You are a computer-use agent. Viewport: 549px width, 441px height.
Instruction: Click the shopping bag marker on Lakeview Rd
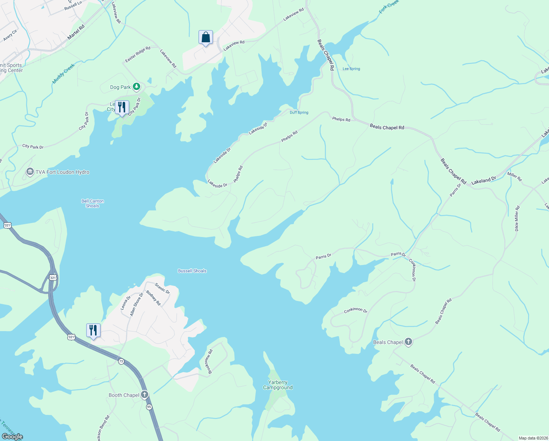tap(206, 37)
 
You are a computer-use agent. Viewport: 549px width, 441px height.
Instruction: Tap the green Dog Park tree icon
tap(137, 87)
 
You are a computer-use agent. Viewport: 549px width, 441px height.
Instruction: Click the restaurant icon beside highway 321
tap(93, 330)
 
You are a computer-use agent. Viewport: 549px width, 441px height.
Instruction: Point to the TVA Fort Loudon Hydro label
tap(62, 172)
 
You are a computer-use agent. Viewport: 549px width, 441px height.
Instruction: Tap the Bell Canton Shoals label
tap(92, 204)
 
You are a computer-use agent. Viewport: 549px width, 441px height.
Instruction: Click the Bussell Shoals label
tap(192, 271)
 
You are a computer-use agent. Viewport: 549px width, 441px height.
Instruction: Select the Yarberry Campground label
tap(278, 385)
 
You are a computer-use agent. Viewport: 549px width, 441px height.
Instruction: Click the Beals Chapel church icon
tap(408, 342)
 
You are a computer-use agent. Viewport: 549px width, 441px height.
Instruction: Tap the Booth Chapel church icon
tap(145, 395)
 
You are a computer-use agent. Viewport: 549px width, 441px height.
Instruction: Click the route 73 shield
tap(121, 362)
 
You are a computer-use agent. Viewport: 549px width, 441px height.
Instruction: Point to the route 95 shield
tap(149, 407)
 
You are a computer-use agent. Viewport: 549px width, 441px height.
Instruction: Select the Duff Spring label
tap(299, 112)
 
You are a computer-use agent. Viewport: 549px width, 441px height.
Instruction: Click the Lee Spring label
tap(351, 69)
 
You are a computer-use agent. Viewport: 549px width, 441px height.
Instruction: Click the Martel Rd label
tap(76, 32)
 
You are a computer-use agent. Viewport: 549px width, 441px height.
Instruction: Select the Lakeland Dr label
tap(483, 180)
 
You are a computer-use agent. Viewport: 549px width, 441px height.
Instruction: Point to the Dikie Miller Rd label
tap(517, 218)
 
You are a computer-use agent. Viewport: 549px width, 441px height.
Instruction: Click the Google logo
tap(12, 437)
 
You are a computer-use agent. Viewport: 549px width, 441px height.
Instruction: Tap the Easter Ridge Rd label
tap(138, 54)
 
